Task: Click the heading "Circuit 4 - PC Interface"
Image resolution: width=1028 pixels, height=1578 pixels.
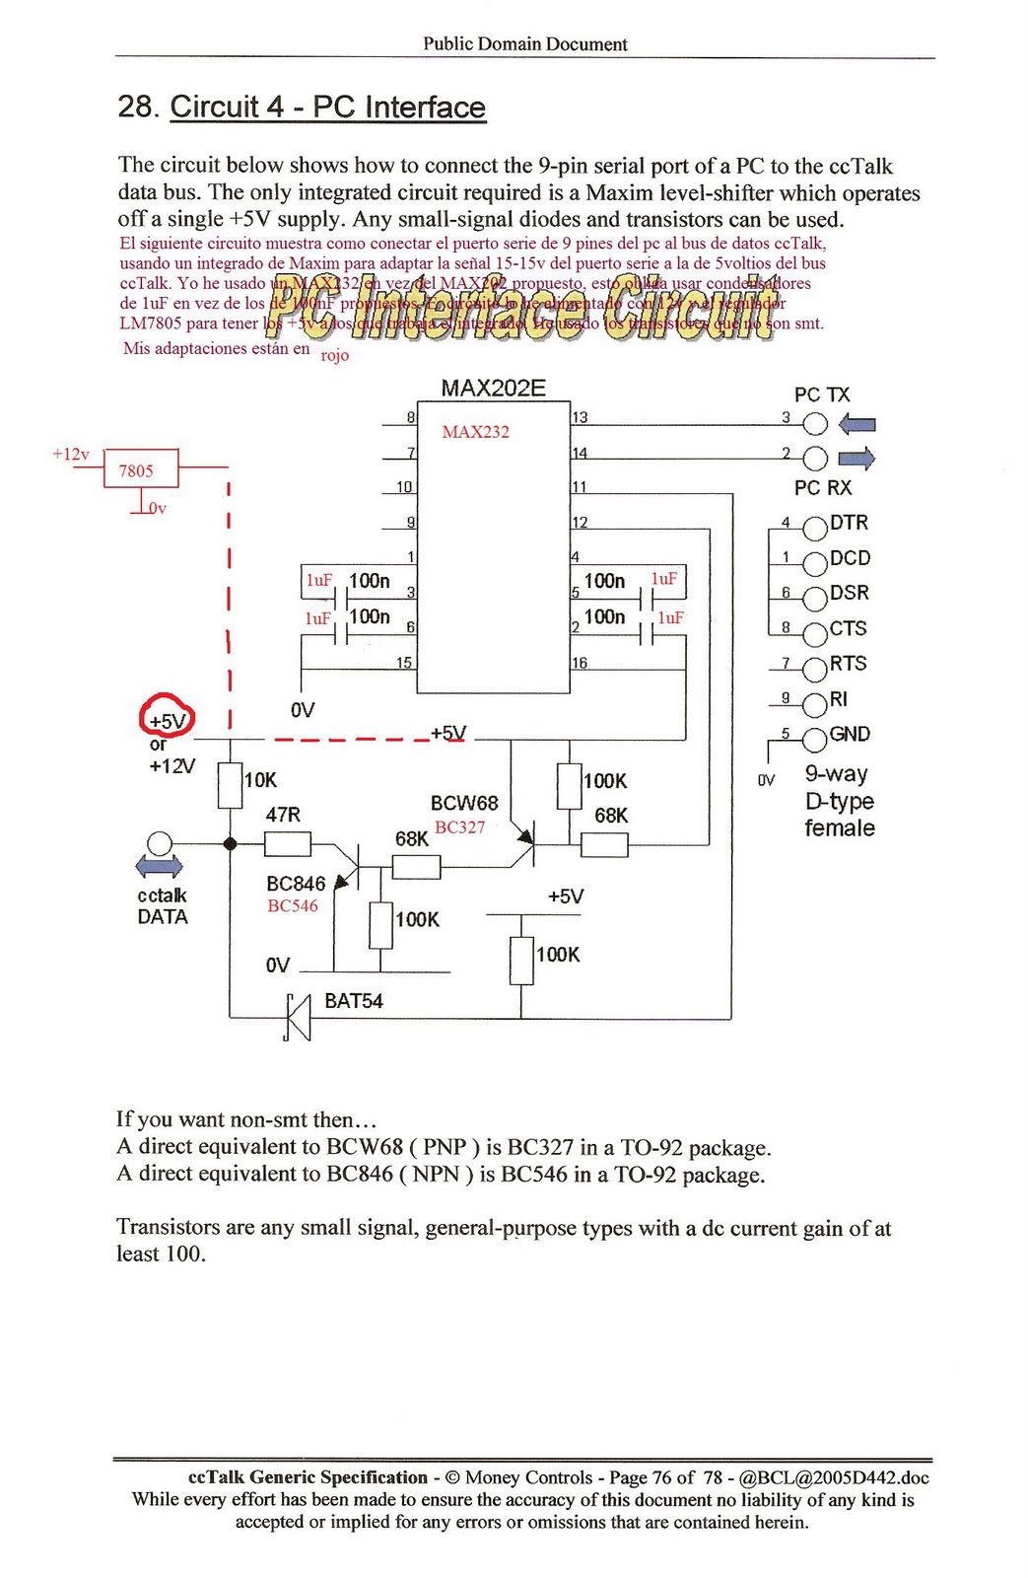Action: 327,107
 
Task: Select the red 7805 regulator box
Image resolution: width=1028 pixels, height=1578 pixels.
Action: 141,469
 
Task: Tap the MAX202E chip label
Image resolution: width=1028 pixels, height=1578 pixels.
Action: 493,388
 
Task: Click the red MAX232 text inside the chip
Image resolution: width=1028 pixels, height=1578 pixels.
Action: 475,432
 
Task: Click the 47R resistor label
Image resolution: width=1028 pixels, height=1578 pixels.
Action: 283,815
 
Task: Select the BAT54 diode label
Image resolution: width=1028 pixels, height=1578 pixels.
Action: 353,1001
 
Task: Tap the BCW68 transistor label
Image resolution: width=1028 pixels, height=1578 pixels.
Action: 464,803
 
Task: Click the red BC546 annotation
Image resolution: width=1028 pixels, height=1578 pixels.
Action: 293,906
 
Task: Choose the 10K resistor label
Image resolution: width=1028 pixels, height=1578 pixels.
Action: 260,780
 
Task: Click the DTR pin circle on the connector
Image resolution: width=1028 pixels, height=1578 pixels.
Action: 815,529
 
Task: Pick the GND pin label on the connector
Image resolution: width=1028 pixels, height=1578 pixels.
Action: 850,734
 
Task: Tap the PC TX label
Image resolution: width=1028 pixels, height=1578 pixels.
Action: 822,394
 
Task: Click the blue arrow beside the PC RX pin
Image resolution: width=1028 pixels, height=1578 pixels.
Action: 857,458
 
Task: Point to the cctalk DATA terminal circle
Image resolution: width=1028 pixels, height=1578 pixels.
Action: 159,843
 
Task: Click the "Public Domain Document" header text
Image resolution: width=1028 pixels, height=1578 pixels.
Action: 524,43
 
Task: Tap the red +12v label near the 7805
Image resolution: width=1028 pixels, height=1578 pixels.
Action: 70,454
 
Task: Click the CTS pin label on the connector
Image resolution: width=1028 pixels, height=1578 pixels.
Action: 848,628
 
